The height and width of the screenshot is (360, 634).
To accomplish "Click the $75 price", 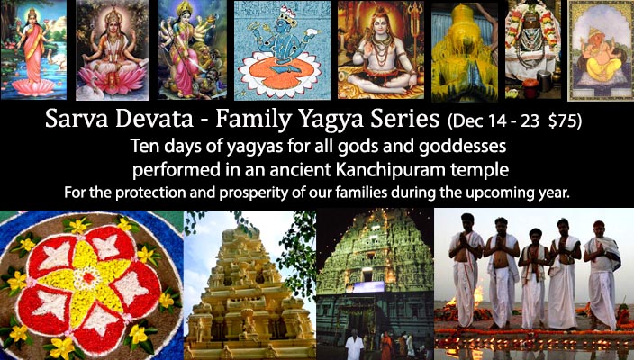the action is tap(564, 121).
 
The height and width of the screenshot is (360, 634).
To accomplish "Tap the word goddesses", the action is tap(462, 147).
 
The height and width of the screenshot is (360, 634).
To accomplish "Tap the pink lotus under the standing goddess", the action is tap(33, 86).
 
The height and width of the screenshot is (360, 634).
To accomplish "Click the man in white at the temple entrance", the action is tap(355, 344).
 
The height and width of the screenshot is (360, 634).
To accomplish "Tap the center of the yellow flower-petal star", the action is tap(88, 277).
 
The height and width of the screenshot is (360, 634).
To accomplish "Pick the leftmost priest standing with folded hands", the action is tap(466, 270).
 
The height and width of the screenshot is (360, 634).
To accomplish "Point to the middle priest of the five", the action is tap(534, 278).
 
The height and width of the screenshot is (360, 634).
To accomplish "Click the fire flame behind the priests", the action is tap(477, 296).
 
